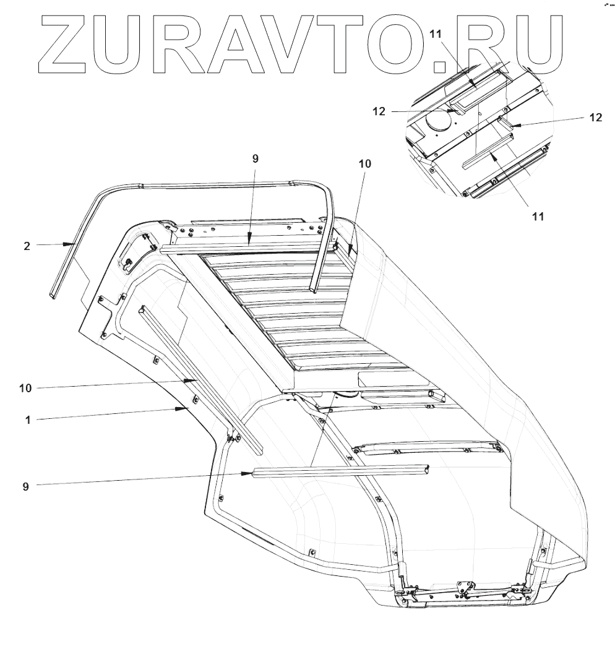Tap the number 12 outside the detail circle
(x=595, y=118)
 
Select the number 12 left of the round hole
(x=379, y=111)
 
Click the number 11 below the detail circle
(x=538, y=216)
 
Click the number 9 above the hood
(x=256, y=158)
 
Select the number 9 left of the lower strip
(x=25, y=486)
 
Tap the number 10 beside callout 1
(x=25, y=388)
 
